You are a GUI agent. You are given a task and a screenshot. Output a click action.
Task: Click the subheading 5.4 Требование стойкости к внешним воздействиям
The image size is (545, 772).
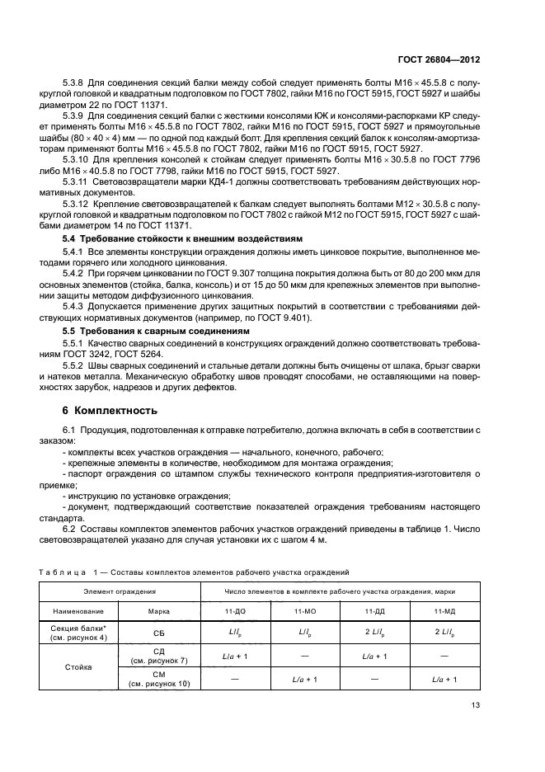tap(167, 238)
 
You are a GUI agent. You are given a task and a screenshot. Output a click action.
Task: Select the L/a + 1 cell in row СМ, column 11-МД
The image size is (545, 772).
tap(444, 680)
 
